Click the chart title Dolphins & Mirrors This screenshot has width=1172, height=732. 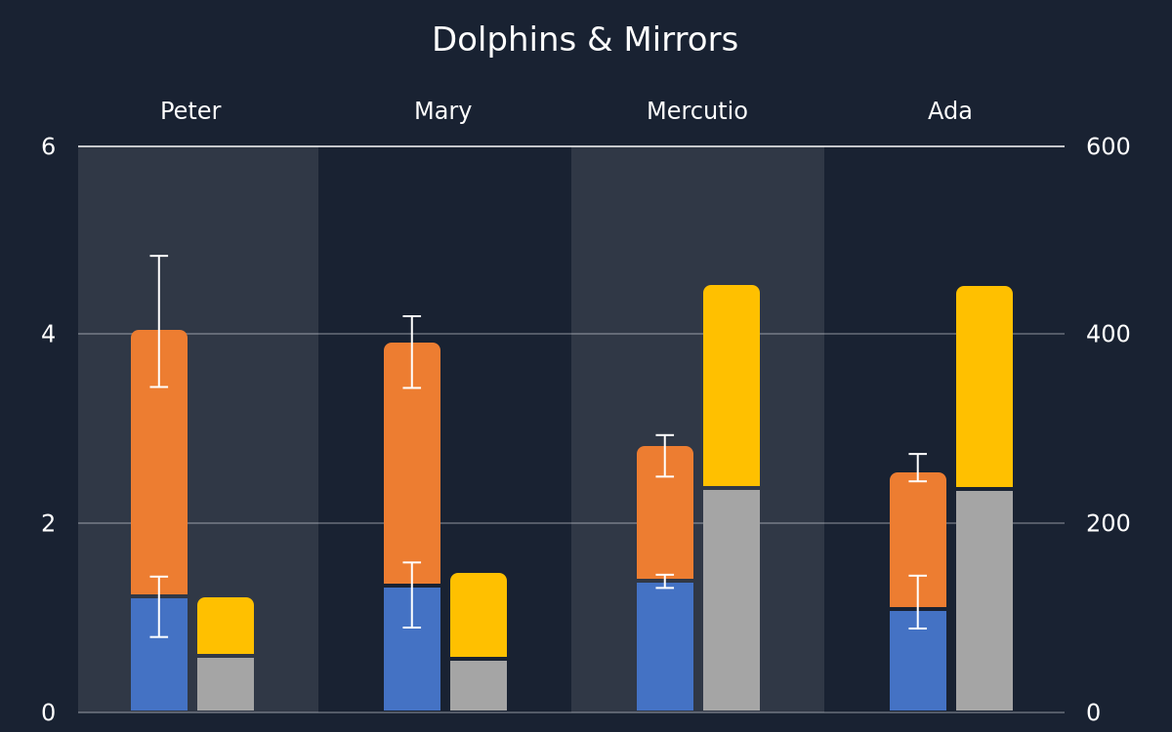[x=585, y=40]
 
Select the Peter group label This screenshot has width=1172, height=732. [x=190, y=111]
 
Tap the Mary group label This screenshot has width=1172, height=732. [x=442, y=112]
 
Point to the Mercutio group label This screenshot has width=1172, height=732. [x=697, y=111]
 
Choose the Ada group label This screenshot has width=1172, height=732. [x=949, y=111]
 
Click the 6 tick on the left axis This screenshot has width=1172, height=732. [x=48, y=147]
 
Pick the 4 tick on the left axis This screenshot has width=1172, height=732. [x=48, y=334]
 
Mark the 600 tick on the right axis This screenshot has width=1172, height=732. [x=1109, y=147]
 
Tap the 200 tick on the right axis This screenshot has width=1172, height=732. [x=1109, y=523]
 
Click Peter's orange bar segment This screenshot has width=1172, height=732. [x=159, y=463]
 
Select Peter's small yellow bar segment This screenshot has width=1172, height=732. [x=226, y=626]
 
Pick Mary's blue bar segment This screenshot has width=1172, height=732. [x=412, y=649]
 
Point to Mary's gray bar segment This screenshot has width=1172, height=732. [x=479, y=685]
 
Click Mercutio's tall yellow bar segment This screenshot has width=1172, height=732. [x=732, y=386]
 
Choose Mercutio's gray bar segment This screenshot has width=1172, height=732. [x=732, y=600]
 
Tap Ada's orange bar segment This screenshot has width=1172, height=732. [x=918, y=540]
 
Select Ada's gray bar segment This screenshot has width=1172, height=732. [x=984, y=601]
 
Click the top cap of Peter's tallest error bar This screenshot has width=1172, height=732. [x=159, y=256]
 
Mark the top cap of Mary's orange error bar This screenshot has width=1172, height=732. [x=412, y=316]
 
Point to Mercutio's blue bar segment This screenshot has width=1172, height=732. [x=665, y=647]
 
